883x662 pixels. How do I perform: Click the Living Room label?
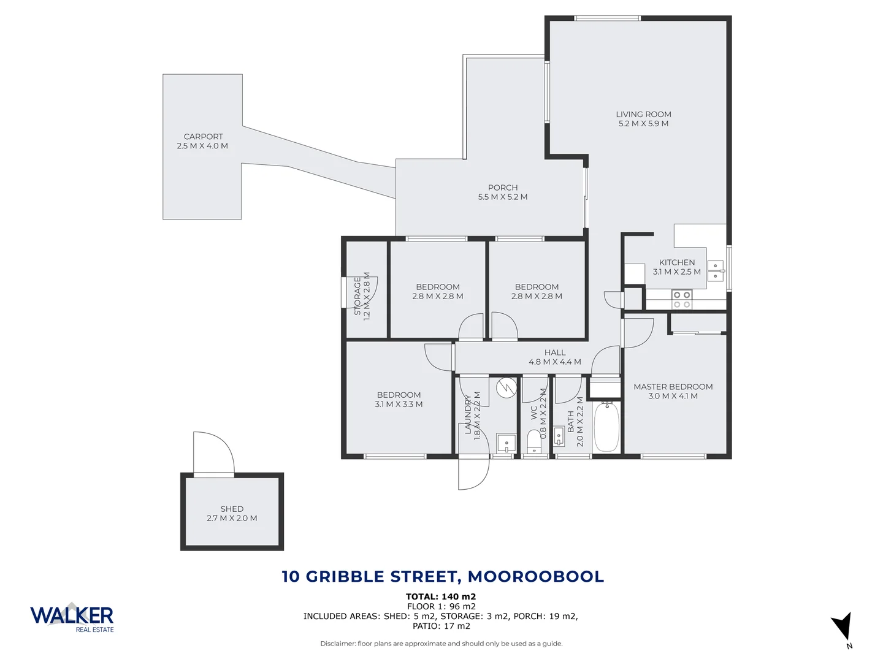(643, 115)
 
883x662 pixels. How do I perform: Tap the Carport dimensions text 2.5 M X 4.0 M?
(202, 146)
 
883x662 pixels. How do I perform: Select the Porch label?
(503, 188)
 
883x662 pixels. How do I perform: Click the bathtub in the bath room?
(606, 427)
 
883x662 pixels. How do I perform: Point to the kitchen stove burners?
(682, 299)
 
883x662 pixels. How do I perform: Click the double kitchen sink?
(716, 270)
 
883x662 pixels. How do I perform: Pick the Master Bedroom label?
(673, 387)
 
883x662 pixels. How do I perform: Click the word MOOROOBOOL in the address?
(535, 577)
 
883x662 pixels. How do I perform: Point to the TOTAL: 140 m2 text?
(441, 596)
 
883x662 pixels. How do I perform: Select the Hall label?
(555, 352)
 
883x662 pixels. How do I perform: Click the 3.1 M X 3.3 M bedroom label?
(399, 405)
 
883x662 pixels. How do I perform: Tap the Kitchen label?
(677, 262)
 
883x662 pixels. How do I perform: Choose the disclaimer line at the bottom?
(441, 644)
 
